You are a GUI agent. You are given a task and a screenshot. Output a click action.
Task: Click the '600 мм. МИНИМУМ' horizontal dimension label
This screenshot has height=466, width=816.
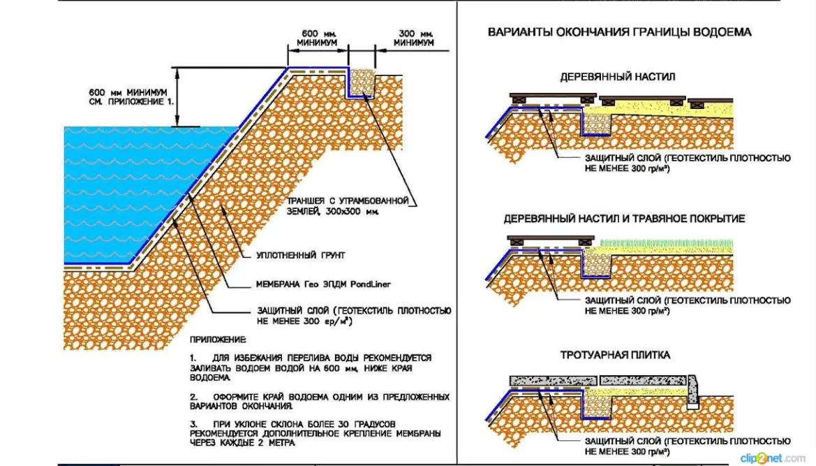click(x=317, y=38)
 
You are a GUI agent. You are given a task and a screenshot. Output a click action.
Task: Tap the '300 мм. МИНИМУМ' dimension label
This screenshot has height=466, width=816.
click(x=414, y=38)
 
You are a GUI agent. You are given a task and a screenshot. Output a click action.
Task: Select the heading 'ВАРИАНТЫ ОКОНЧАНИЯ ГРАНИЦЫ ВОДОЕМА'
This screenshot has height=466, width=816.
click(x=619, y=32)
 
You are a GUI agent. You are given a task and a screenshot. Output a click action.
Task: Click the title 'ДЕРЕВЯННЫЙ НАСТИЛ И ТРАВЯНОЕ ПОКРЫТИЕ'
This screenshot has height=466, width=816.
click(x=624, y=219)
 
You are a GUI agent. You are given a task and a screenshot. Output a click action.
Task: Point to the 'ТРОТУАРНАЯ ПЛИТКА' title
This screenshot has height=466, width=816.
click(x=615, y=355)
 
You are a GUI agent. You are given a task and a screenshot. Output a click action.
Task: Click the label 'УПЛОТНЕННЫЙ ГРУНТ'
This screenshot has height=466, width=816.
click(x=301, y=256)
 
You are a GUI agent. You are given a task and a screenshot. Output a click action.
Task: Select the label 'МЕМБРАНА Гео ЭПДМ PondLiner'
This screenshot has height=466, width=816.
click(x=323, y=284)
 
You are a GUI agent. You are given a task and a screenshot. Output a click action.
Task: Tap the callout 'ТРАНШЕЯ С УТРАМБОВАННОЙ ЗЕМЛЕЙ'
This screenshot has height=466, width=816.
click(x=348, y=206)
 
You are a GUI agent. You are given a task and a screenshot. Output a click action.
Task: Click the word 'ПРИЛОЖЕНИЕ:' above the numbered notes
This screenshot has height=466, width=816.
click(x=218, y=340)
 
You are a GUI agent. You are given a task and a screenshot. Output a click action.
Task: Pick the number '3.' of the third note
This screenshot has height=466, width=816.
click(x=193, y=424)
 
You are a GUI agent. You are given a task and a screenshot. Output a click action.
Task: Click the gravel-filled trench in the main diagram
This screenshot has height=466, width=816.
click(x=362, y=82)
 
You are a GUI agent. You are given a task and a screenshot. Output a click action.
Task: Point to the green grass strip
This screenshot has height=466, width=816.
click(x=666, y=244)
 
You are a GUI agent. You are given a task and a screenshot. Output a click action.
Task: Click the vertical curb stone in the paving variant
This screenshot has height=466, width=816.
click(x=693, y=391)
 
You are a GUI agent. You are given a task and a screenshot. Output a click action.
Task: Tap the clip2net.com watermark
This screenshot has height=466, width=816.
click(x=773, y=458)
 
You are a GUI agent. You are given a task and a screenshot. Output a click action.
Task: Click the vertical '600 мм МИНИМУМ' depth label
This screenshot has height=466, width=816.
click(x=131, y=97)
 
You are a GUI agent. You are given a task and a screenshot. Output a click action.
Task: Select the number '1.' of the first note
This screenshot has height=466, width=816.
click(x=193, y=358)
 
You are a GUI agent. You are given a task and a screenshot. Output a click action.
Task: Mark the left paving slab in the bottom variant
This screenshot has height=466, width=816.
click(x=553, y=381)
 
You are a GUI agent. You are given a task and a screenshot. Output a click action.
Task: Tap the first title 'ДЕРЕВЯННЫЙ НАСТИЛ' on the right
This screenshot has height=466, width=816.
click(x=618, y=77)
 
